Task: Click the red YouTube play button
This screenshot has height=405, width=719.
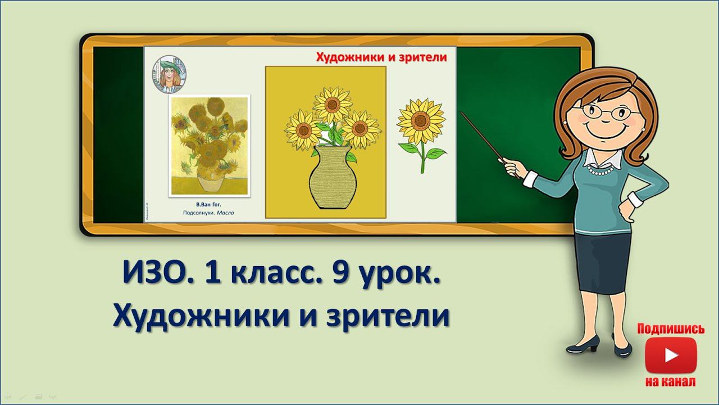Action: pyautogui.click(x=671, y=355)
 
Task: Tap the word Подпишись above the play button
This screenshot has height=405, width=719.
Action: pyautogui.click(x=671, y=328)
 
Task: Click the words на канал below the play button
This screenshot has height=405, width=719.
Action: pyautogui.click(x=671, y=382)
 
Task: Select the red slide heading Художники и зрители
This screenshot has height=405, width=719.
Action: pyautogui.click(x=381, y=57)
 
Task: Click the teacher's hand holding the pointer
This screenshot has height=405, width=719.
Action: pyautogui.click(x=511, y=166)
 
